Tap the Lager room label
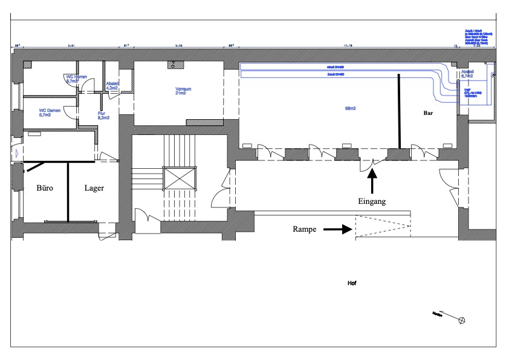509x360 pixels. (94, 188)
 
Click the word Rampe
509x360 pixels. (305, 229)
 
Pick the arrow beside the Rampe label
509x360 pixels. (338, 229)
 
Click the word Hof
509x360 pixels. (352, 283)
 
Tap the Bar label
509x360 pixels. (430, 113)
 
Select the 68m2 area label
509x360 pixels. (350, 109)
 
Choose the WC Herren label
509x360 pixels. (77, 79)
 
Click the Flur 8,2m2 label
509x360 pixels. (103, 115)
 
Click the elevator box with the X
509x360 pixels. (180, 180)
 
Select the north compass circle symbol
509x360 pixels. (463, 319)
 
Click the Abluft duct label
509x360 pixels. (335, 67)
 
